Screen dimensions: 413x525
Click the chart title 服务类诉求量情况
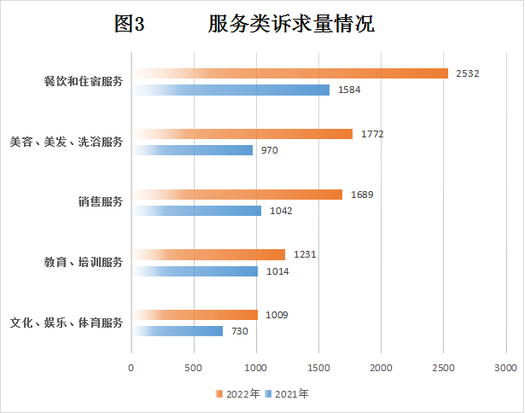[x=291, y=25]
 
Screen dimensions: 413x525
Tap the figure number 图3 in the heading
[x=130, y=25]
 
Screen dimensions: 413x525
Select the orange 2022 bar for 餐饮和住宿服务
[x=290, y=73]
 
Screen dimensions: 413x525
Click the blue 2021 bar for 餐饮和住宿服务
[x=230, y=90]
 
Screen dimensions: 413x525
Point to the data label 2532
[x=467, y=73]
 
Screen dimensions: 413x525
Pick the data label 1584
[x=350, y=90]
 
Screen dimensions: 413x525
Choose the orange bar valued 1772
[x=242, y=134]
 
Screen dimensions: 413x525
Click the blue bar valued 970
[x=193, y=150]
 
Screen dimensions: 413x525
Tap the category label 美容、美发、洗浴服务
[x=67, y=142]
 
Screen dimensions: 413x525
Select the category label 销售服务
[x=101, y=202]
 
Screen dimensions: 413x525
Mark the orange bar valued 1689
[x=237, y=195]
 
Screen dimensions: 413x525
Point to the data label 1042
[x=282, y=211]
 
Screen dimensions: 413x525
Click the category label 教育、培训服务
[x=84, y=262]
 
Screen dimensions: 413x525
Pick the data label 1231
[x=306, y=254]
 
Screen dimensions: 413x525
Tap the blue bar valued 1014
[x=195, y=271]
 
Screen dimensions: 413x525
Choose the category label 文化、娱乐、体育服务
[x=67, y=323]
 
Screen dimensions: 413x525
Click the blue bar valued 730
[x=178, y=331]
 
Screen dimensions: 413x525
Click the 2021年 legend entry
[x=287, y=393]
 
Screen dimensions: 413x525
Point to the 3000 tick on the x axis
[x=505, y=367]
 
